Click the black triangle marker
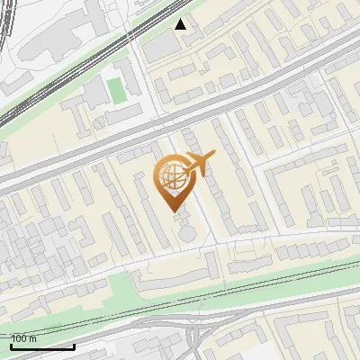182,24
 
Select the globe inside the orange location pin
172,177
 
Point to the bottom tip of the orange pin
172,210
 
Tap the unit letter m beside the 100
33,338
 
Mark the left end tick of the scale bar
11,346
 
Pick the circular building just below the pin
186,233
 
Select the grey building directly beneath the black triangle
162,45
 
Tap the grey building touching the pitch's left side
95,90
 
